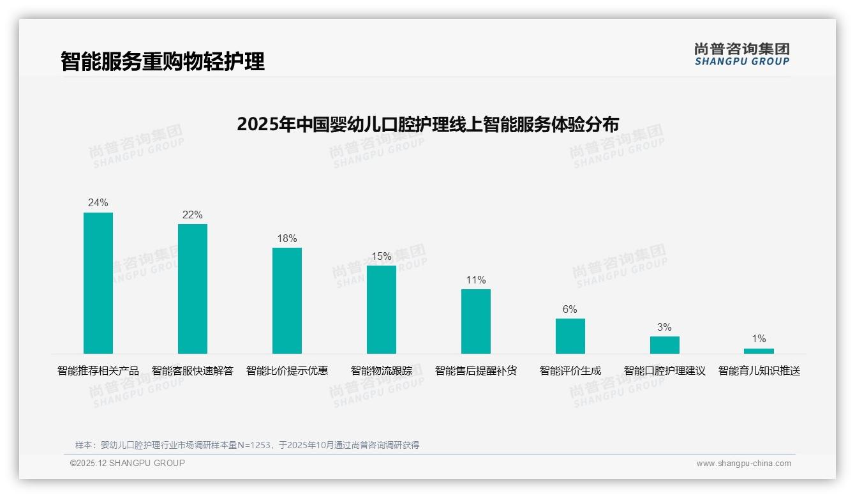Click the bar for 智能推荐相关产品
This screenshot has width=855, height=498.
98,283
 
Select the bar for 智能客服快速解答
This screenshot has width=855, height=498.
193,289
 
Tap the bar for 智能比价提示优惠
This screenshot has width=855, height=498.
287,301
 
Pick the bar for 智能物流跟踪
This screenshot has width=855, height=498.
382,310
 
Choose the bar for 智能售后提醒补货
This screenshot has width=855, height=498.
476,321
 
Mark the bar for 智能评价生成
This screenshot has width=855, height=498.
570,336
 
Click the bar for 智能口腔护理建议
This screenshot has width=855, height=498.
665,345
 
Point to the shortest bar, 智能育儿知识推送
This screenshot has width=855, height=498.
759,351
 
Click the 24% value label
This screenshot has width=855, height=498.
98,203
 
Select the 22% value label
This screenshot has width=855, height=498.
193,215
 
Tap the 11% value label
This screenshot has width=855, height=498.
476,280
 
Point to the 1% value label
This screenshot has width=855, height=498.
759,338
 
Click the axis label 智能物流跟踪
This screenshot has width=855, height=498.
382,370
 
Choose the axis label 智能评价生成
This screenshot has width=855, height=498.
570,370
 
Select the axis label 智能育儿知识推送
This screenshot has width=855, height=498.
759,370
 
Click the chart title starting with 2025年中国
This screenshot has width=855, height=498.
427,124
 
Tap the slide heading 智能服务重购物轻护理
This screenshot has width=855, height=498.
163,61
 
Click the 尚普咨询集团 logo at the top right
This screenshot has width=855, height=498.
742,54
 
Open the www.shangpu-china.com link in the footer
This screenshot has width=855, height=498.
743,464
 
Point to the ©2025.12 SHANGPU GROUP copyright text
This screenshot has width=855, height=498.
128,463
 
